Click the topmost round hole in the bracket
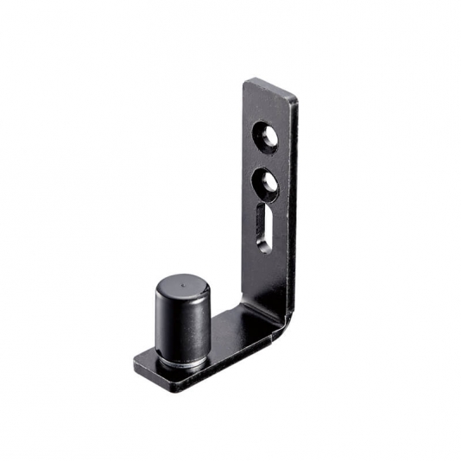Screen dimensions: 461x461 [x=266, y=137]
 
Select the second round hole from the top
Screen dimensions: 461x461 [x=266, y=183]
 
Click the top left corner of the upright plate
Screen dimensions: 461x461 [x=244, y=82]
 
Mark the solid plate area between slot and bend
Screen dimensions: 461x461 [x=262, y=276]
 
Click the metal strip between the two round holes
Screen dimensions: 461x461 [x=266, y=161]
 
